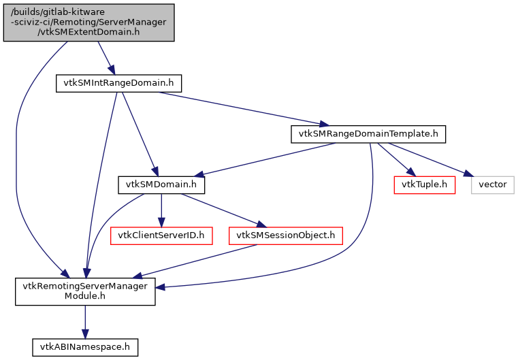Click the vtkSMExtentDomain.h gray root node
pos(88,22)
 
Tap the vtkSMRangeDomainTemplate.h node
pos(368,133)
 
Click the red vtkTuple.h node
pos(424,184)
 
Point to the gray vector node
pos(492,184)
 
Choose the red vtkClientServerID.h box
pos(161,235)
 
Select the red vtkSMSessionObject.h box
pos(285,235)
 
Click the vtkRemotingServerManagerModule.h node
pos(85,291)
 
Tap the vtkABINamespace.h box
pos(85,347)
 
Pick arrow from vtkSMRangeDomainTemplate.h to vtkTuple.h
pos(396,159)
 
